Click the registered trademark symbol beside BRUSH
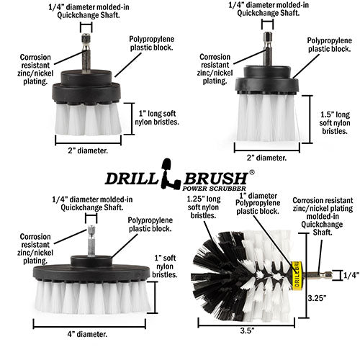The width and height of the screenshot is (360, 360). coord(251,174)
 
